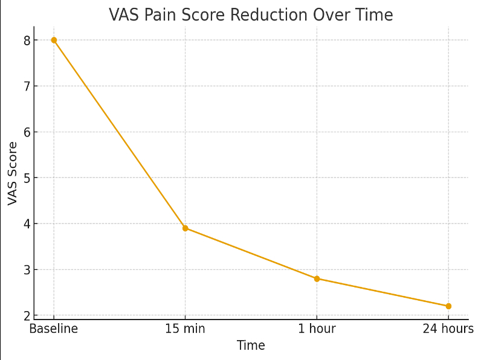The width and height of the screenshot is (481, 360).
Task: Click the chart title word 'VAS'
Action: coord(122,14)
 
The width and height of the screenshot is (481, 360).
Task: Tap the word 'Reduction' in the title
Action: coord(260,14)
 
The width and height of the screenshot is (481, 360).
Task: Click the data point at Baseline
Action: coord(54,40)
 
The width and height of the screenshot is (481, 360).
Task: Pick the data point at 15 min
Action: coord(186,228)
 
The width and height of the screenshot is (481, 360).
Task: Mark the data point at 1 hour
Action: coord(317,278)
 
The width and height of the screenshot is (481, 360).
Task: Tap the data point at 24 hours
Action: coord(448,306)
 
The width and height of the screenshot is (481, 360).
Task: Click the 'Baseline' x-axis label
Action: coord(54,329)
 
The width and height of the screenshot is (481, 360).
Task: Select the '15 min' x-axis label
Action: coord(186,329)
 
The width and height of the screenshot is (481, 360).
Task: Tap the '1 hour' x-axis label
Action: coord(317,329)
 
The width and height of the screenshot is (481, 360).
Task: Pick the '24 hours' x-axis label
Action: coord(448,329)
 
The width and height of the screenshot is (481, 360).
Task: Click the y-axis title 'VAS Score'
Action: coord(13,173)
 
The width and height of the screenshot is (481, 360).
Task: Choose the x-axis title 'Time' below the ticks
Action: coord(251,346)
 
